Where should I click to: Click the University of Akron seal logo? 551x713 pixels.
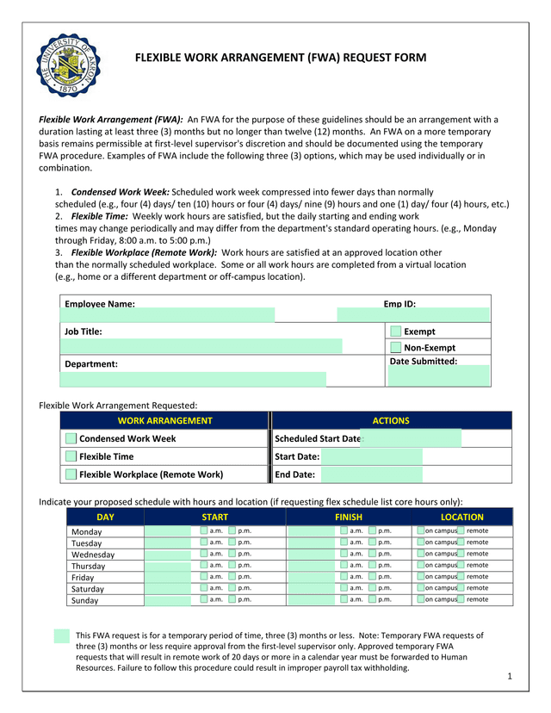[69, 65]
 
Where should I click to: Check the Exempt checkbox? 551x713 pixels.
[395, 332]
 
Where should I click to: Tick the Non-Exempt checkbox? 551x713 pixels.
[395, 348]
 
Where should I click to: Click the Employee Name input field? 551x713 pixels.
[168, 315]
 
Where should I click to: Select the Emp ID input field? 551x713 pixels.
[413, 315]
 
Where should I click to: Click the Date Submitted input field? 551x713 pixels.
[439, 375]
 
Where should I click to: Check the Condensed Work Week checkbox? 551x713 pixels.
[71, 439]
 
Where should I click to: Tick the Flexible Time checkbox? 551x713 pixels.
[71, 456]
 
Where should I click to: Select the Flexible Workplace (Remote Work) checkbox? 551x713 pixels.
[71, 474]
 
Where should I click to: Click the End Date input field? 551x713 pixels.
[370, 474]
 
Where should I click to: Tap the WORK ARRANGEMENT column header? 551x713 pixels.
[164, 421]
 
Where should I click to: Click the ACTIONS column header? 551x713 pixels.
[391, 421]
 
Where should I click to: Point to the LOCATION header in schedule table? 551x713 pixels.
[462, 518]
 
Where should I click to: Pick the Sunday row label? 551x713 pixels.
[84, 600]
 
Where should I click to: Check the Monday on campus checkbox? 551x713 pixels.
[420, 531]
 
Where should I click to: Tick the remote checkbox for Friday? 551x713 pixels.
[461, 577]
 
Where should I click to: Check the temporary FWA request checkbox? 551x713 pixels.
[61, 636]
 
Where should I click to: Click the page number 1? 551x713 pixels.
[510, 677]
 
